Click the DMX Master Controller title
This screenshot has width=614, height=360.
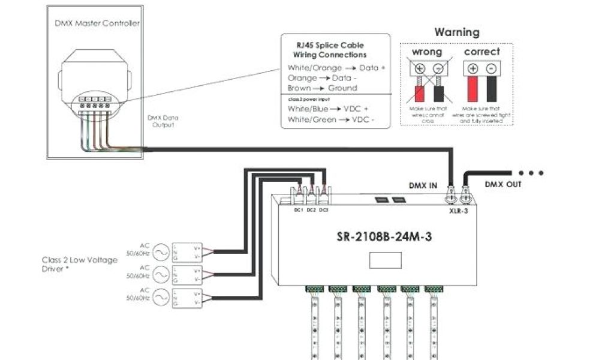click(96, 23)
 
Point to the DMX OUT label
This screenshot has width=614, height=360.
click(502, 184)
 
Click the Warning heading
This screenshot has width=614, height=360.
click(457, 32)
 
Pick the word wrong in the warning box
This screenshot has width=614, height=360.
click(426, 52)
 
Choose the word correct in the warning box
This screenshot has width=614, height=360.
click(482, 52)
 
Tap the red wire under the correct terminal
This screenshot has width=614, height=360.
click(472, 90)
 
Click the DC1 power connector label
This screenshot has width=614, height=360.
click(298, 209)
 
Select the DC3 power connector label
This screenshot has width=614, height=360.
click(323, 209)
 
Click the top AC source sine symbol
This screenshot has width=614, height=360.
click(161, 250)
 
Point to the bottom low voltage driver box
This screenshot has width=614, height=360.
click(186, 298)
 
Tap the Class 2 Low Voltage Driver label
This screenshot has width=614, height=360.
click(79, 264)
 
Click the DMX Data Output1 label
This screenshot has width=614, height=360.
click(162, 121)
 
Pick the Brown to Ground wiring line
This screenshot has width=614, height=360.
click(322, 88)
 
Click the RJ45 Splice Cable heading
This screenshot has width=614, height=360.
click(335, 50)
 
